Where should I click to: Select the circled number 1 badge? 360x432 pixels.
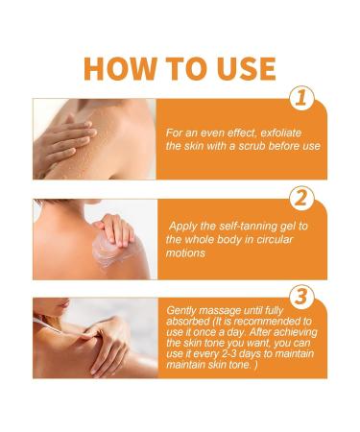point(301,98)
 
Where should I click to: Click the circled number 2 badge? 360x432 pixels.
point(301,198)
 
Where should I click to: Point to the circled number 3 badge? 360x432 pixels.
point(301,297)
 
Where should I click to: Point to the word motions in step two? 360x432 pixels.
point(185,252)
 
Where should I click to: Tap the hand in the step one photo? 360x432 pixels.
point(65,142)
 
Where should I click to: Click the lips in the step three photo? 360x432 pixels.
point(65,303)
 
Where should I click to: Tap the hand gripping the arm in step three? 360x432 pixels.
point(108,346)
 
